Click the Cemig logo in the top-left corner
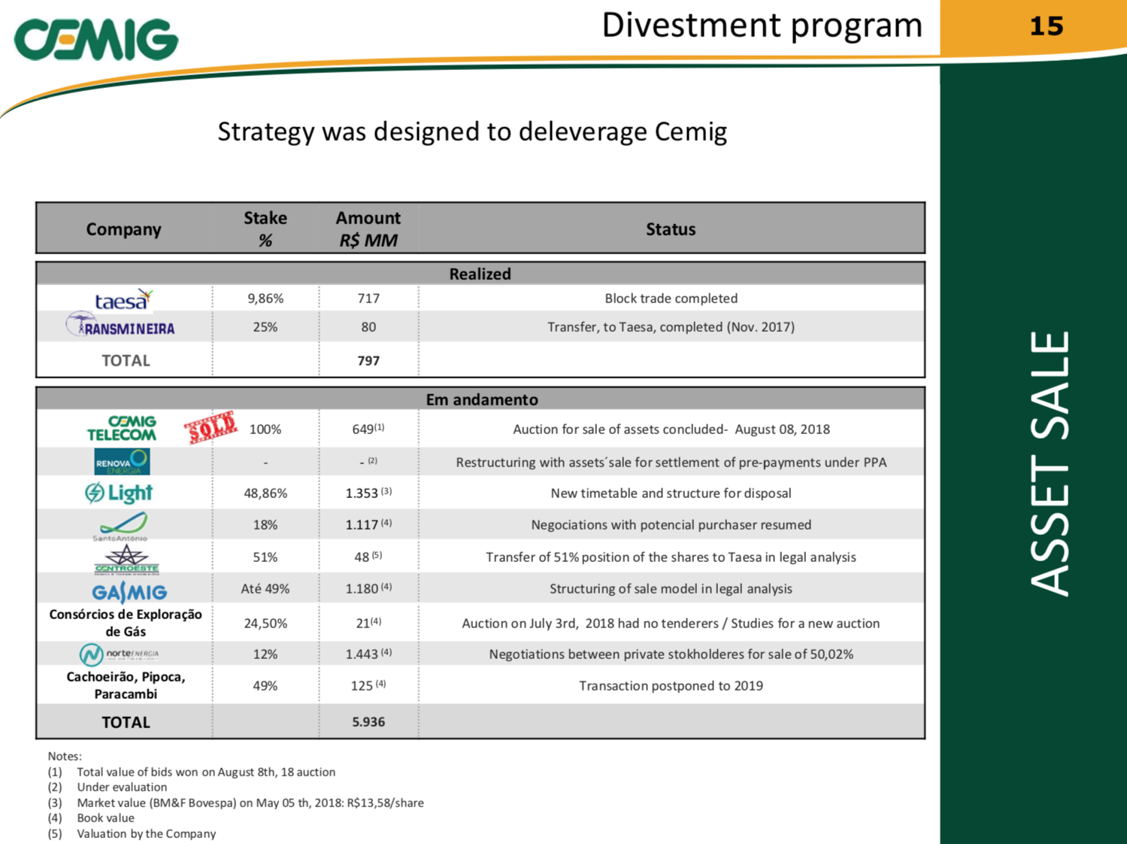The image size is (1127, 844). point(96,40)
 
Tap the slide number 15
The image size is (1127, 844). point(1047,26)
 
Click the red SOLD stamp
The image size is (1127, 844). point(211,427)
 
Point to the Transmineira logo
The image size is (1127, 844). point(120,325)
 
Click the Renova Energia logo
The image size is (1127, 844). point(123,461)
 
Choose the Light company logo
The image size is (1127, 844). point(119,493)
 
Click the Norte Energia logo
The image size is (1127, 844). point(119,654)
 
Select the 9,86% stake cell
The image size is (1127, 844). point(265,299)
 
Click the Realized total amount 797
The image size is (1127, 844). point(368,360)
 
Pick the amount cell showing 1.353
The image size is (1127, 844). point(368,493)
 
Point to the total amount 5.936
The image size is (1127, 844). point(368,721)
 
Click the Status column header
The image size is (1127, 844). point(671,229)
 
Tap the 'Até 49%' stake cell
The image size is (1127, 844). point(265,589)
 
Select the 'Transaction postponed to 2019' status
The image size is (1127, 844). point(671,686)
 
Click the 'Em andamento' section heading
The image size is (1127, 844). point(482,399)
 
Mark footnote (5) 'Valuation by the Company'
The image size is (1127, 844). point(132,833)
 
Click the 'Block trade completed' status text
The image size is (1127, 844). point(671,299)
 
